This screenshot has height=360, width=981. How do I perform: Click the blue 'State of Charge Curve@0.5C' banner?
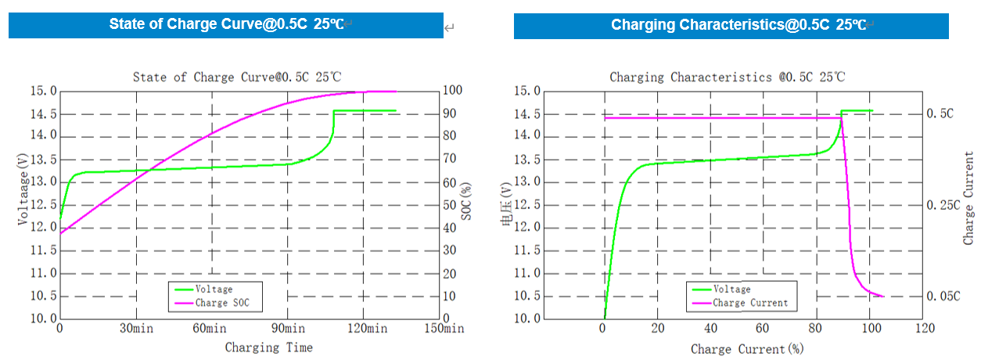[x=226, y=24]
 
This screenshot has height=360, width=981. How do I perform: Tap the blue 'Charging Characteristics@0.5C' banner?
[x=731, y=24]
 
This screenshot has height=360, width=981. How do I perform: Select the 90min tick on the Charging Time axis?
[x=288, y=329]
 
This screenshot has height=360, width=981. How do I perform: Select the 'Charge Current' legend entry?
[x=750, y=303]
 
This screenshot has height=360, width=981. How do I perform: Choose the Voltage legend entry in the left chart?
[x=214, y=290]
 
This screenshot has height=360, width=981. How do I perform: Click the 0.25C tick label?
[x=941, y=205]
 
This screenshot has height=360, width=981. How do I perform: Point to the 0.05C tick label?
[x=941, y=297]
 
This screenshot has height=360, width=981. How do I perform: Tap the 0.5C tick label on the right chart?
[x=939, y=113]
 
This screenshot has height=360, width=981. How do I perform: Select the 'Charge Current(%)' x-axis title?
[x=746, y=347]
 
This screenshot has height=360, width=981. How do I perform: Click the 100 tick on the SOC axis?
[x=451, y=91]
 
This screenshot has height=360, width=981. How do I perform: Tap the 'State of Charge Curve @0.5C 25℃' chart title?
[x=236, y=77]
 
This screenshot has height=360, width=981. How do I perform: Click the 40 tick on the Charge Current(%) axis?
[x=711, y=329]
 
